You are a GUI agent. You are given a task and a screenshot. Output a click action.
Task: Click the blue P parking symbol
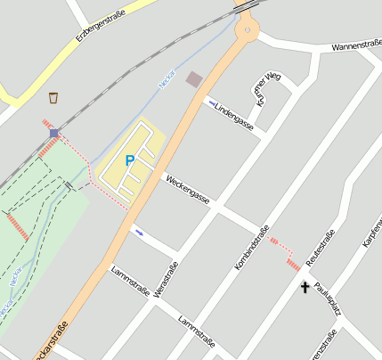pyautogui.click(x=130, y=160)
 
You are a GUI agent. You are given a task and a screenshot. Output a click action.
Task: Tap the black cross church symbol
pyautogui.click(x=305, y=287)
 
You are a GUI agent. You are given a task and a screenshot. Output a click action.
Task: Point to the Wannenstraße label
pyautogui.click(x=355, y=45)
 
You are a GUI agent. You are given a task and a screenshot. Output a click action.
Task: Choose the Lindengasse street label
pyautogui.click(x=234, y=113)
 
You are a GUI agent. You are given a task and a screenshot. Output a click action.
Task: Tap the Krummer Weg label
pyautogui.click(x=265, y=89)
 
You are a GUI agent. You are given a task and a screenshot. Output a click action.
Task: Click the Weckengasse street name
pyautogui.click(x=186, y=189)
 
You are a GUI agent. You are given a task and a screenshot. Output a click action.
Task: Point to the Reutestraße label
pyautogui.click(x=319, y=247)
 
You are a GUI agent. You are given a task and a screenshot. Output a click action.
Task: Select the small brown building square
pyautogui.click(x=193, y=79)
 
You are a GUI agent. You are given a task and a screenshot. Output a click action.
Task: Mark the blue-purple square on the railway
pyautogui.click(x=54, y=134)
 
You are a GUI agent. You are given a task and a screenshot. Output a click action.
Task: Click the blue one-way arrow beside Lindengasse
pyautogui.click(x=211, y=103)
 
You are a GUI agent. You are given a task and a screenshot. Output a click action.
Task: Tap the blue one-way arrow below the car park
pyautogui.click(x=138, y=232)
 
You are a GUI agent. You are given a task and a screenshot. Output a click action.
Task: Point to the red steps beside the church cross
pyautogui.click(x=293, y=265)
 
